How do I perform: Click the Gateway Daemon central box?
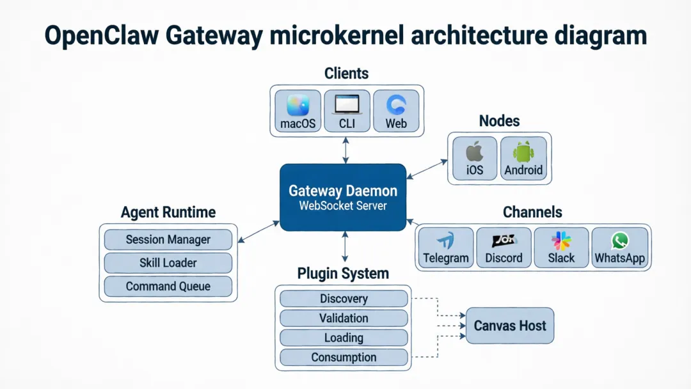pyautogui.click(x=343, y=197)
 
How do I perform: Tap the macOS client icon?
pyautogui.click(x=298, y=105)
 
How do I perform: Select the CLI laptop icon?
pyautogui.click(x=347, y=105)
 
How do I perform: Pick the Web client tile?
pyautogui.click(x=396, y=111)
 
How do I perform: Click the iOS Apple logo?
pyautogui.click(x=474, y=153)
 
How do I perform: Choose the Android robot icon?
pyautogui.click(x=523, y=153)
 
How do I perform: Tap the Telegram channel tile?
pyautogui.click(x=446, y=248)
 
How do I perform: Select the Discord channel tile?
pyautogui.click(x=504, y=248)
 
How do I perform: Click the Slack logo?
pyautogui.click(x=561, y=241)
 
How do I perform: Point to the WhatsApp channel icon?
pyautogui.click(x=619, y=241)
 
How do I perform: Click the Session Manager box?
pyautogui.click(x=168, y=240)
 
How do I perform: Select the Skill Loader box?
pyautogui.click(x=168, y=263)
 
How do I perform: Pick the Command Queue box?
pyautogui.click(x=168, y=286)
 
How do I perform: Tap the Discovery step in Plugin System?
pyautogui.click(x=344, y=299)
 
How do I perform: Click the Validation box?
pyautogui.click(x=344, y=318)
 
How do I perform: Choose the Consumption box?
pyautogui.click(x=344, y=358)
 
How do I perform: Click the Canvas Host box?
pyautogui.click(x=509, y=326)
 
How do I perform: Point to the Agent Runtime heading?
pyautogui.click(x=168, y=212)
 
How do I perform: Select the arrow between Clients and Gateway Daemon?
pyautogui.click(x=346, y=150)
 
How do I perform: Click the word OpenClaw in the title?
pyautogui.click(x=101, y=36)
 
